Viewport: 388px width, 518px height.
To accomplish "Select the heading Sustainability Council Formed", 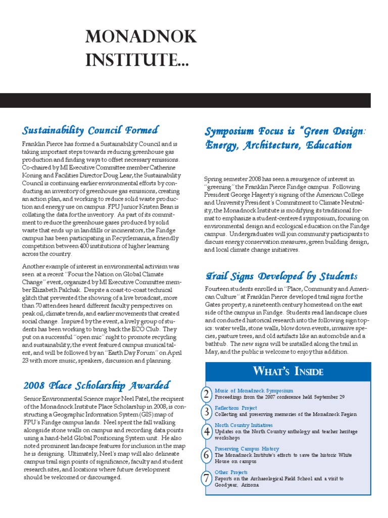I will pos(90,131).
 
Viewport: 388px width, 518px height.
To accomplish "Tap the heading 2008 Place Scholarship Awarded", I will pos(96,385).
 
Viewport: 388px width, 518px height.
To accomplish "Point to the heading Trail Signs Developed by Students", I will pos(281,276).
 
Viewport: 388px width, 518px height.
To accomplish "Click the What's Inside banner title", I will pos(287,372).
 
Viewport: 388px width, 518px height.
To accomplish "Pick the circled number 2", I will pos(206,394).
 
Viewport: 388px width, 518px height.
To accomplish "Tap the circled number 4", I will pos(206,431).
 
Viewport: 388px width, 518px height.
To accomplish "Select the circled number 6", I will pos(206,455).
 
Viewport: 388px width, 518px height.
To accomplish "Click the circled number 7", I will pos(206,478).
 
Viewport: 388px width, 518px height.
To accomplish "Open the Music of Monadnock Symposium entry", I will pos(254,391).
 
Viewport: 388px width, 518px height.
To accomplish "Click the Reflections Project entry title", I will pos(235,408).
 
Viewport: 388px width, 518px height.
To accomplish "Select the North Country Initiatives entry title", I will pos(244,425).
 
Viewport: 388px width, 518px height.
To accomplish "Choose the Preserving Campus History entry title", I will pos(247,449).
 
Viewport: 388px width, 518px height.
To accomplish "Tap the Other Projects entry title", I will pos(232,472).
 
